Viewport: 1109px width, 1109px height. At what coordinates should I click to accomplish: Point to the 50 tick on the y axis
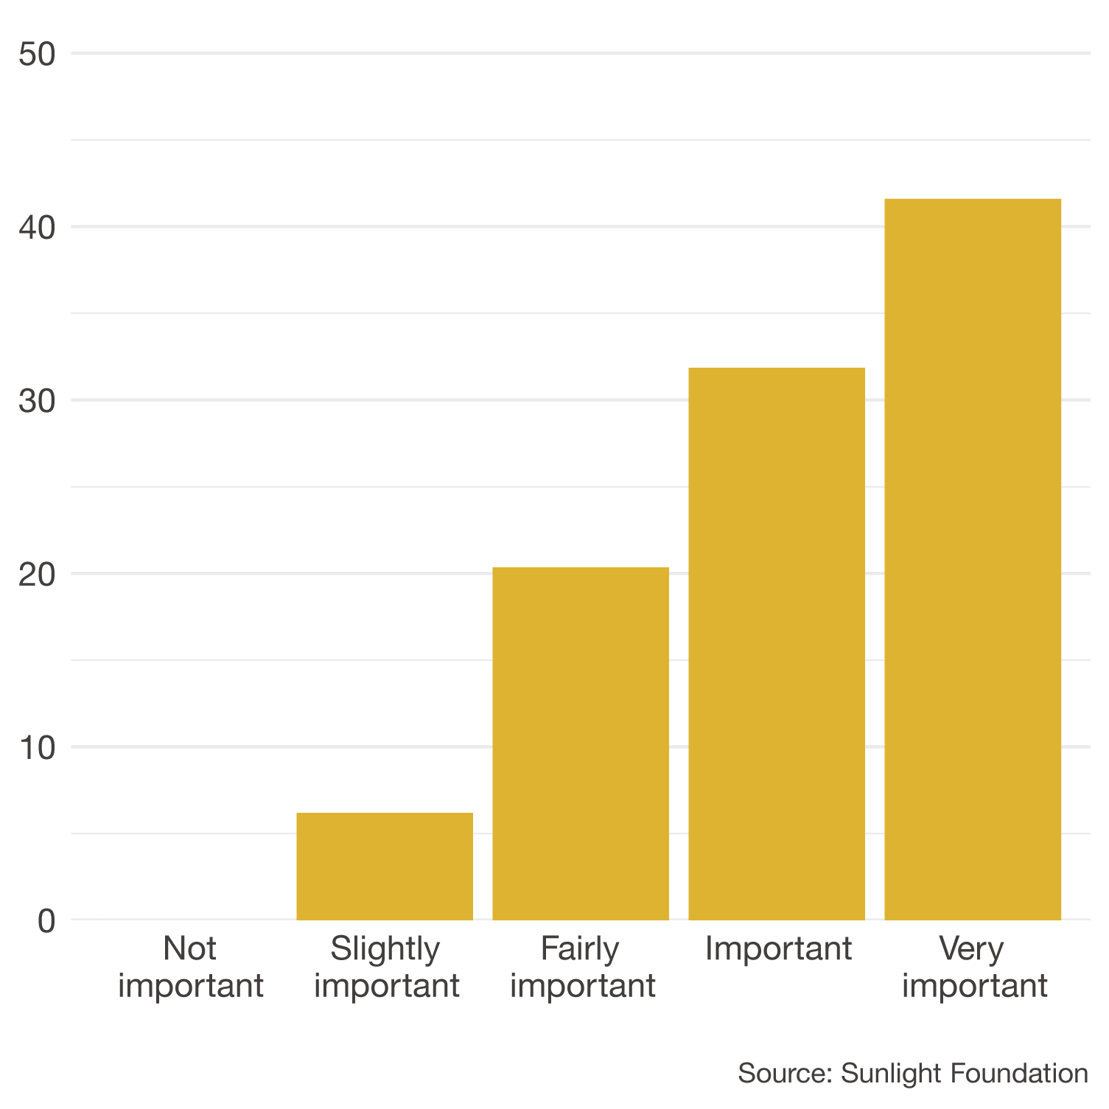38,54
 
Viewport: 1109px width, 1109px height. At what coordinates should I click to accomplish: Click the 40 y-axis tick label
38,228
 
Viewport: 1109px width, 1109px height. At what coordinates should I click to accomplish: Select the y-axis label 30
38,401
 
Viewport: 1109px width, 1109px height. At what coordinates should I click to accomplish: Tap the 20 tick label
38,575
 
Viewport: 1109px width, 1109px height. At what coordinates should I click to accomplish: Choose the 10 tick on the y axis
38,748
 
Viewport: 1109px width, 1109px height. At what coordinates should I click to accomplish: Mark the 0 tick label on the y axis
46,921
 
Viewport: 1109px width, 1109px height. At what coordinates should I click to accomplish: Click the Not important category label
190,967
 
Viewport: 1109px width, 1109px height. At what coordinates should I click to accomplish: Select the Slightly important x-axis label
386,967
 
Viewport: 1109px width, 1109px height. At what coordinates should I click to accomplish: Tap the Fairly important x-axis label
582,967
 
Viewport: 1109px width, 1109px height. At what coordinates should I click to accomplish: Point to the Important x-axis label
778,948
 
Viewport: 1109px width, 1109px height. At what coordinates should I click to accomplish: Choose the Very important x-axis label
974,967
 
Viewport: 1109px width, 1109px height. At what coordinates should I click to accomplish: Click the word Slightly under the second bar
385,949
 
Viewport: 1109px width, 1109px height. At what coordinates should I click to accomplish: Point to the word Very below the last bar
971,949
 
